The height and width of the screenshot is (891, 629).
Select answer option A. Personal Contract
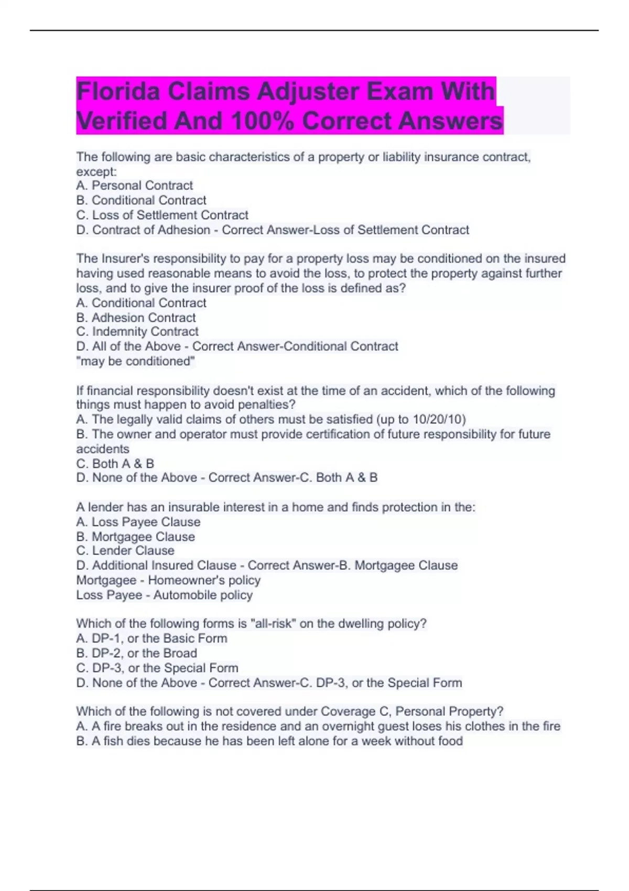135,186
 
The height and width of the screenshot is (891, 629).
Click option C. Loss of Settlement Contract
162,215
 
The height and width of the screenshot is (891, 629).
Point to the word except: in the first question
96,172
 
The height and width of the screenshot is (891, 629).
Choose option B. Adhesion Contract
136,318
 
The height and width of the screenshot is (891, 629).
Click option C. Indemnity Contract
137,332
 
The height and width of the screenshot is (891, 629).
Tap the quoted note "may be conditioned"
136,361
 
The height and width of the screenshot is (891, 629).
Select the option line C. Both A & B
115,464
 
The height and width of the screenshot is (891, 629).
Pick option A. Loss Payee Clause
138,522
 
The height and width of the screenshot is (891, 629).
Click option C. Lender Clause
125,551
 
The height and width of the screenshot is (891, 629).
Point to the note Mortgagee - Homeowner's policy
168,580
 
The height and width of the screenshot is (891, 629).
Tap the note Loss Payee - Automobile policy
165,595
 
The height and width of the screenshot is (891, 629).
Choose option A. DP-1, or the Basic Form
152,638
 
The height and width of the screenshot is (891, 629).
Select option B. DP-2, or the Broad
137,653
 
